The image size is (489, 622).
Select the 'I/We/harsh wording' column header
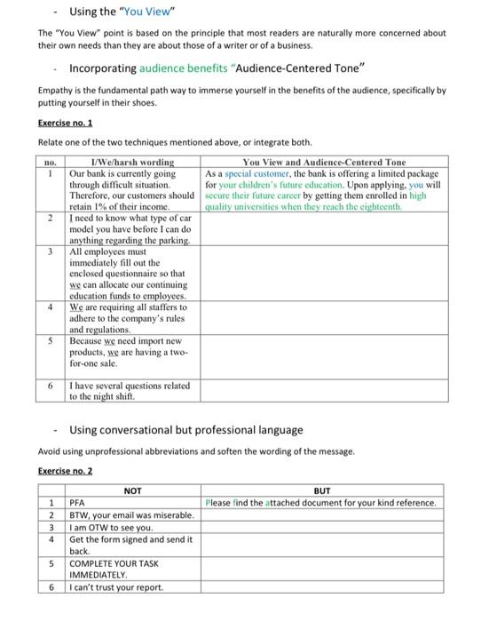[134, 162]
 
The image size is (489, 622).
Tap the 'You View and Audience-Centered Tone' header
[323, 162]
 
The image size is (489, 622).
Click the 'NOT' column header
[132, 490]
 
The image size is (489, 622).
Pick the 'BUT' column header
[321, 490]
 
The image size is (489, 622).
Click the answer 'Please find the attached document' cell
[320, 503]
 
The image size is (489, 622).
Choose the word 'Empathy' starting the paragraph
[55, 91]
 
